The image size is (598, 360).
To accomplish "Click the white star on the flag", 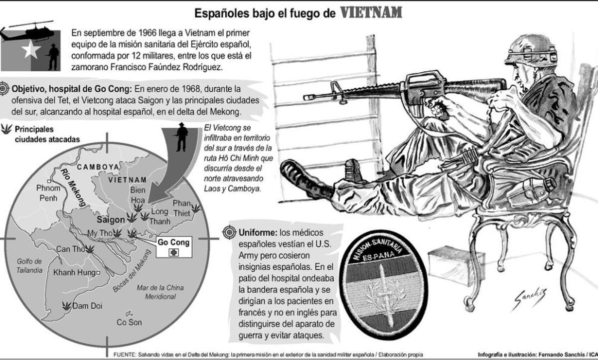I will coord(30,49).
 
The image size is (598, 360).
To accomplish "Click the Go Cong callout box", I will coord(173,247).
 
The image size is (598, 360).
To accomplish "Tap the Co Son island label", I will coord(129,322).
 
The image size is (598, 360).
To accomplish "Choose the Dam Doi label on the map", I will coord(87,306).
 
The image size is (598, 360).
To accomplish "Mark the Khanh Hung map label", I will coord(74,272).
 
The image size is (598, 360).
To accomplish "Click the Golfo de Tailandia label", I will coord(30,266).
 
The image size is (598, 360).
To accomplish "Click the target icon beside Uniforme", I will coord(230,232).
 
